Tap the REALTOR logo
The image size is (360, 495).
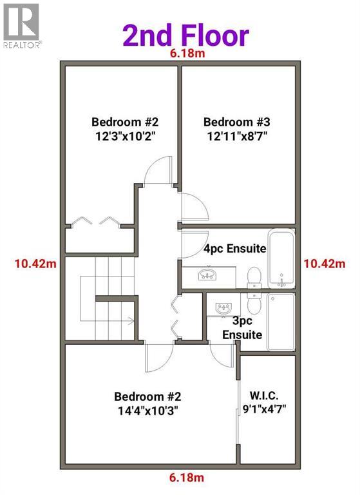coord(21,26)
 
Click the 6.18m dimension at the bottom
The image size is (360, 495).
coord(187,478)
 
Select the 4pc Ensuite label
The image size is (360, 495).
coord(235,248)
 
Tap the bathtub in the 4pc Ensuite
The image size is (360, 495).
coord(281,258)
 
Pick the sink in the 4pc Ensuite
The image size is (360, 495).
coord(207,275)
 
